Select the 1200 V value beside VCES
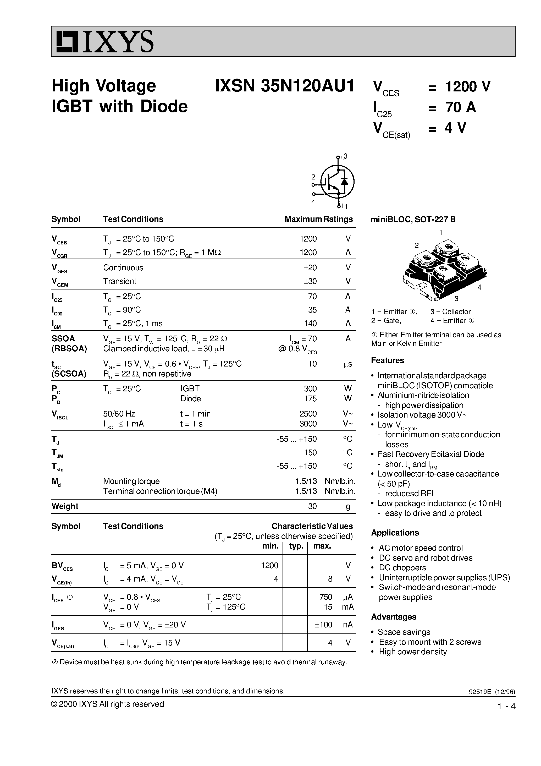(468, 86)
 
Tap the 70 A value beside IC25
(460, 107)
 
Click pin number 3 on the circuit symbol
(346, 156)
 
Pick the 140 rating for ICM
(310, 323)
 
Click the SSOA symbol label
(63, 339)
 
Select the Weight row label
(65, 506)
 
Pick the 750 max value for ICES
(325, 597)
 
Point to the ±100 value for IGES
(323, 625)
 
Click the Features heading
(387, 360)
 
